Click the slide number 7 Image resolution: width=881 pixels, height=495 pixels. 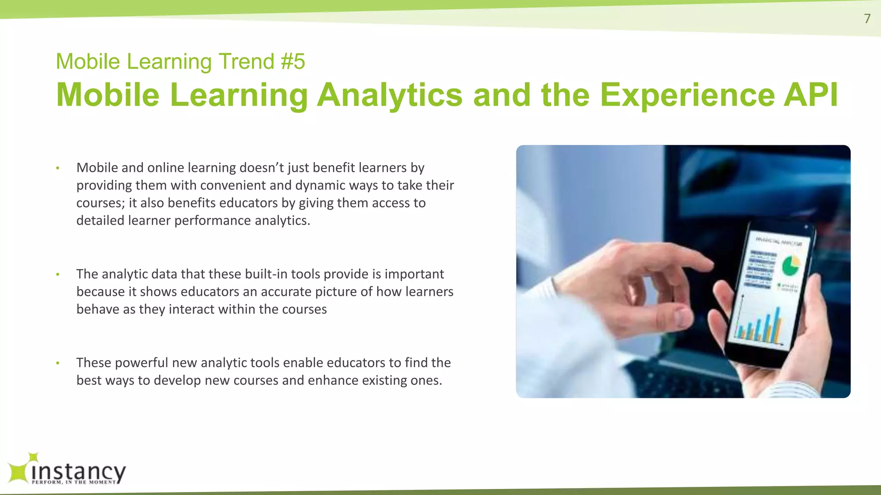tap(867, 18)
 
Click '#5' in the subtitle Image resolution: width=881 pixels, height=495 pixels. tap(293, 61)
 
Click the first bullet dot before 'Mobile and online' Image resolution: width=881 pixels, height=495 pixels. tap(57, 168)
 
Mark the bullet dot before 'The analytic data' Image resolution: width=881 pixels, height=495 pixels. tap(57, 275)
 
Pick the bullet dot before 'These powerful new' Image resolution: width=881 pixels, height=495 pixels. tap(57, 363)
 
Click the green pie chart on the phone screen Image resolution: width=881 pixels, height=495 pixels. tap(790, 266)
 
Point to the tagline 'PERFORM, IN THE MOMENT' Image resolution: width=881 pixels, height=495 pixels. tap(74, 482)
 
